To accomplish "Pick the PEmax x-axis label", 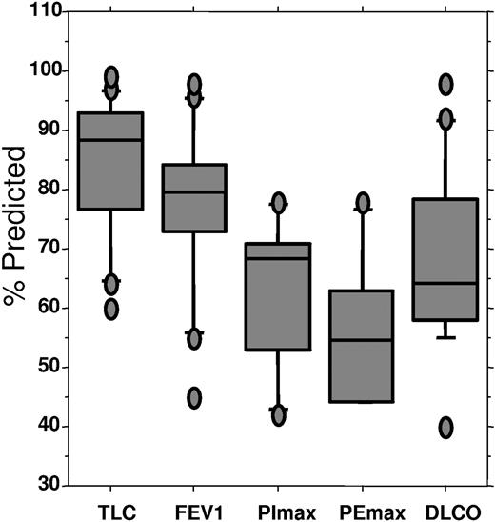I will [x=362, y=509].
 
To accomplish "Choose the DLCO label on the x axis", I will [x=445, y=509].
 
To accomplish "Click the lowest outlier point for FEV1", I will [x=194, y=398].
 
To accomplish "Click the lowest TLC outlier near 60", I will [x=111, y=309].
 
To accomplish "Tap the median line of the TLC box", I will [x=110, y=140].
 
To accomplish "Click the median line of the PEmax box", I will [x=362, y=340].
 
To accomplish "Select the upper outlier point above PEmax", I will [x=363, y=202].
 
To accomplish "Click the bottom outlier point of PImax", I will [x=279, y=415].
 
